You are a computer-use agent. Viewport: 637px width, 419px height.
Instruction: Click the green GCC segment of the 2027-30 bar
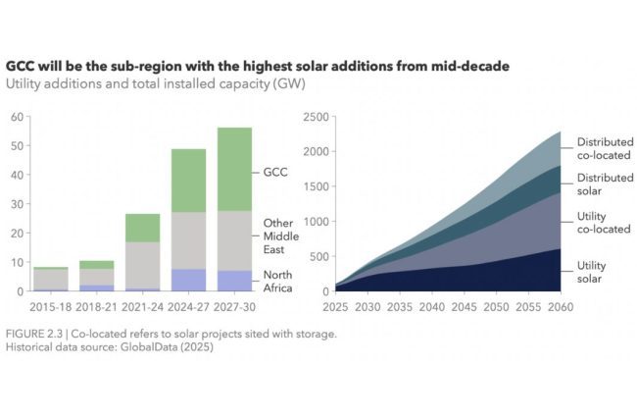[235, 169]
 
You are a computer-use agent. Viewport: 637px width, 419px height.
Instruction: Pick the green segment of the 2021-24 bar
[142, 228]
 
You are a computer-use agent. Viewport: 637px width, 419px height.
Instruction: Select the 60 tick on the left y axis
[17, 117]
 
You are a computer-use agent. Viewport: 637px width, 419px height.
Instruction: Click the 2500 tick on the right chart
[317, 117]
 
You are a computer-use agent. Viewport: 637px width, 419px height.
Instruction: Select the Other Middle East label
[279, 236]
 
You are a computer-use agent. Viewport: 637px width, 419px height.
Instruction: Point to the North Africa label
[278, 281]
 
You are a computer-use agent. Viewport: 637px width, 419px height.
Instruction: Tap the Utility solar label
[592, 273]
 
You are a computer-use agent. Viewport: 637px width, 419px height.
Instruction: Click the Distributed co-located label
[604, 148]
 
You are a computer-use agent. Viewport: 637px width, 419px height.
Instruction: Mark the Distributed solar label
[604, 183]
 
